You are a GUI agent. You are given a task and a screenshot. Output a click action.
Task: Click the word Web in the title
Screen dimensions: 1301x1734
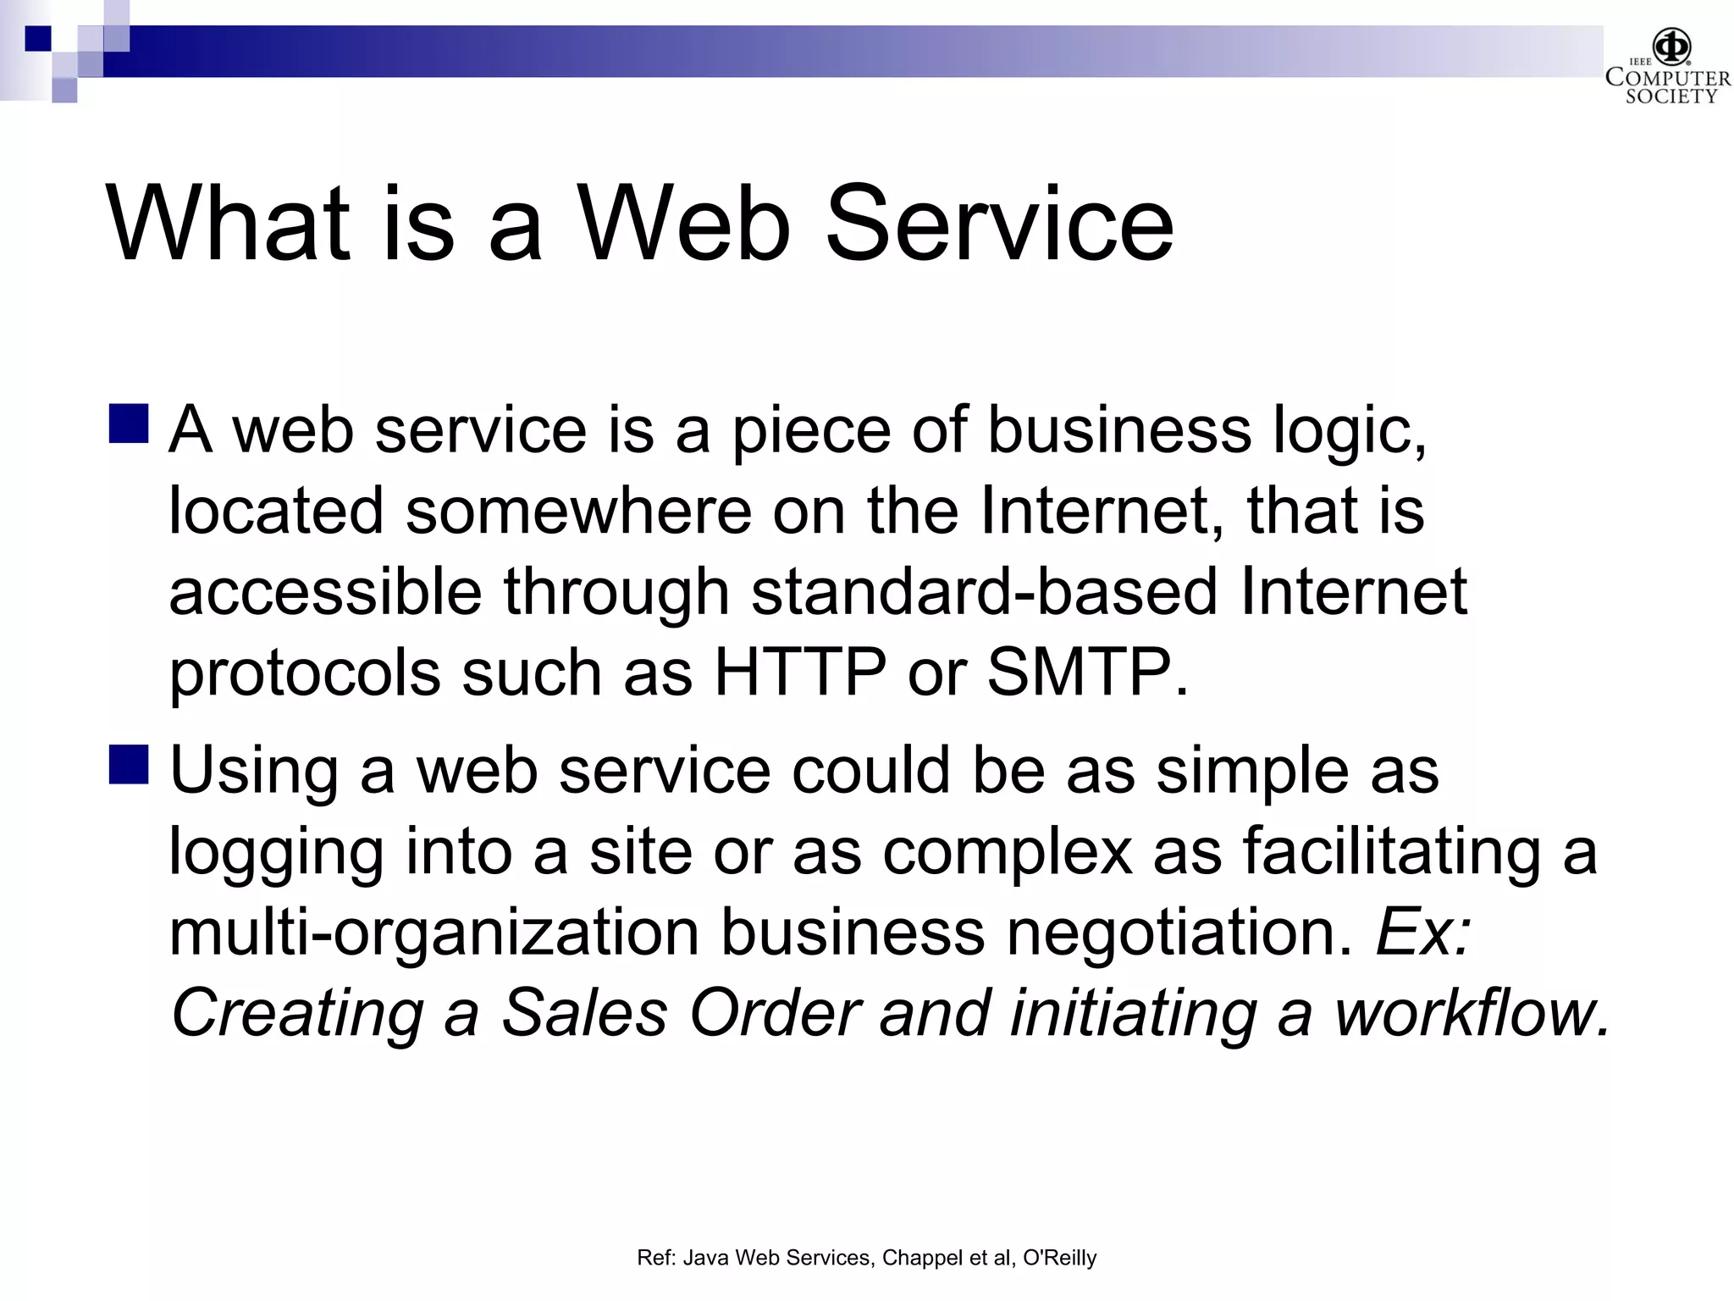[683, 224]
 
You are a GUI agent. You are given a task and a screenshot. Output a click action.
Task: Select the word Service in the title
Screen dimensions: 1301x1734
[999, 224]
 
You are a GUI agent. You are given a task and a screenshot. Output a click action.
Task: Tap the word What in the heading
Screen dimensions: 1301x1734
[229, 224]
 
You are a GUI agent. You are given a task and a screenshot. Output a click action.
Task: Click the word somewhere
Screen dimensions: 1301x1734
[578, 511]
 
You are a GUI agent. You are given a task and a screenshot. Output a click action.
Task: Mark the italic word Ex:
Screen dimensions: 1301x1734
[1423, 932]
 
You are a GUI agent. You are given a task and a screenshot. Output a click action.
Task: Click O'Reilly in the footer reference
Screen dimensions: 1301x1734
[1059, 1258]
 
